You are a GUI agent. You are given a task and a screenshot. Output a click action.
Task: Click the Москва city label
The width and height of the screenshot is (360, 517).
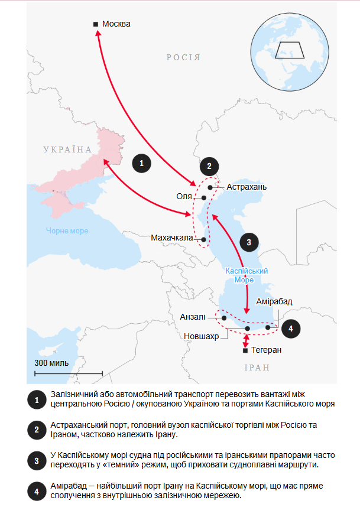click(116, 24)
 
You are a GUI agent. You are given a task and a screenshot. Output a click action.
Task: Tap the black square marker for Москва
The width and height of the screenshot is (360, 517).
click(96, 24)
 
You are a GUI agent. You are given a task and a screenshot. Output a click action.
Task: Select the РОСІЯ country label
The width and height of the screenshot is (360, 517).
click(183, 58)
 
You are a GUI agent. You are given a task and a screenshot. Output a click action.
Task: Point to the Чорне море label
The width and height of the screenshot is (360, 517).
click(67, 231)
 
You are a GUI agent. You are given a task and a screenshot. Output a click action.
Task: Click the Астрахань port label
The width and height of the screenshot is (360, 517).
click(247, 187)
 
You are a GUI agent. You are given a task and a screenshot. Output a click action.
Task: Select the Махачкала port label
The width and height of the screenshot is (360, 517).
click(171, 238)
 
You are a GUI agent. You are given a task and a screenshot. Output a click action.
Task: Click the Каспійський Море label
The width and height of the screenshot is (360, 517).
click(247, 275)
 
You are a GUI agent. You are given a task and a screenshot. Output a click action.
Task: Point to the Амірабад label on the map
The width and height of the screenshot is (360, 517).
click(274, 302)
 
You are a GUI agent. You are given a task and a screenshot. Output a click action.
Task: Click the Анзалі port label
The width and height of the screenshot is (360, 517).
click(193, 317)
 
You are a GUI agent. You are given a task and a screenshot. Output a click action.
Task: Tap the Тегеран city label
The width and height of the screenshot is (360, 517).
click(266, 350)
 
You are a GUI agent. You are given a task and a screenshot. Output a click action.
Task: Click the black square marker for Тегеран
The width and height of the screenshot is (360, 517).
click(246, 350)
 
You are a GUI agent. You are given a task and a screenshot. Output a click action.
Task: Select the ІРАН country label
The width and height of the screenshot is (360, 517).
click(257, 368)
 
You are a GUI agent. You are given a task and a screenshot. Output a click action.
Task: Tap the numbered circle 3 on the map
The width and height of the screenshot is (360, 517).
click(249, 242)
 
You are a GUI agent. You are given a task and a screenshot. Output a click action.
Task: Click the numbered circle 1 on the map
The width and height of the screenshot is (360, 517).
click(141, 162)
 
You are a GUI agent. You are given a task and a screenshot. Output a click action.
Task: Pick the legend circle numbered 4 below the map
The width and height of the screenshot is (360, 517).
click(37, 490)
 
